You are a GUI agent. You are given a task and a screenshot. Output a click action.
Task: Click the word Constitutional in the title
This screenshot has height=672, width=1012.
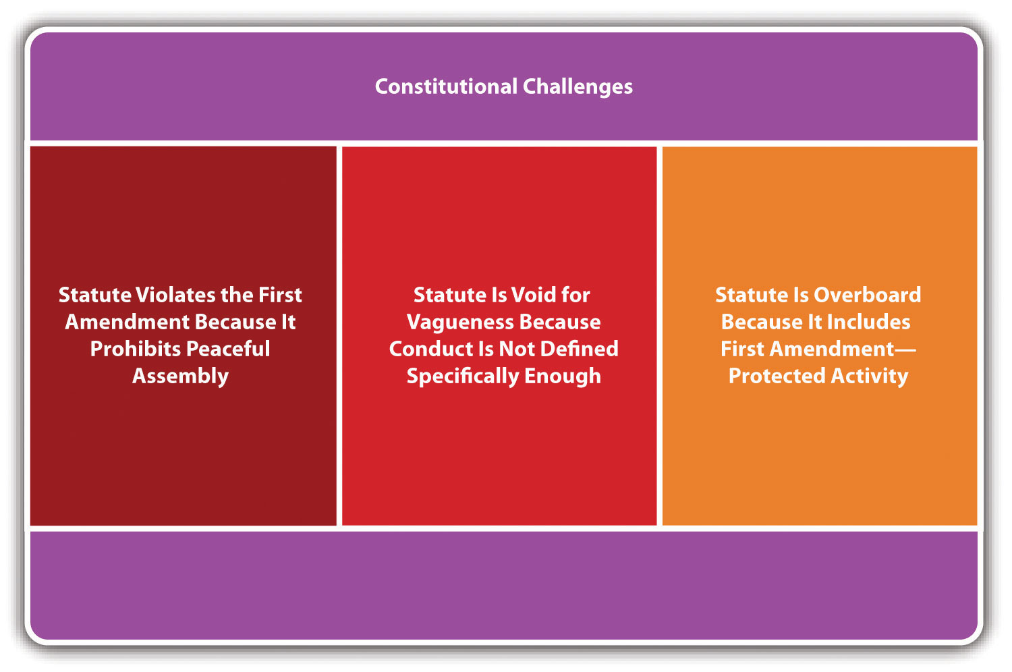pos(446,86)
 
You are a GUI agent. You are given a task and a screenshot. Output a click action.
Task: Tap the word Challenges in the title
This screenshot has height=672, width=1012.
pos(578,87)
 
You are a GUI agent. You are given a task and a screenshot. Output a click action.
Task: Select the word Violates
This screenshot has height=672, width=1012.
pos(176,295)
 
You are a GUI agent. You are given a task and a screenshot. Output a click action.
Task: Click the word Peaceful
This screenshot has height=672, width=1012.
pos(228,349)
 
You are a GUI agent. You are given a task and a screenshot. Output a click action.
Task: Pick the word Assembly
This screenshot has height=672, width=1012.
pos(180,376)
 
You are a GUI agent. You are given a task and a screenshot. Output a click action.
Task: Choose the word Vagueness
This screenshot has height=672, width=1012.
pos(460,323)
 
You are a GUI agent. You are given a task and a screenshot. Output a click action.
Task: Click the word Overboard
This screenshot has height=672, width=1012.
pos(868,295)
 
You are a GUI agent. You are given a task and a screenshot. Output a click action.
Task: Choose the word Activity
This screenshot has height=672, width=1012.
pos(869,376)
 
